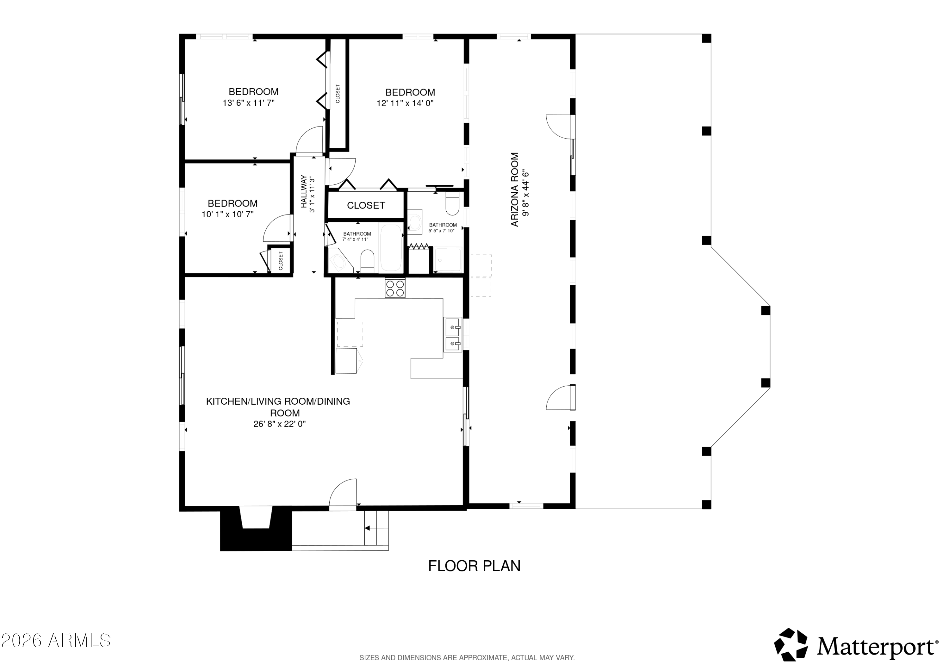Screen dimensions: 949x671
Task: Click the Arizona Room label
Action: (515, 190)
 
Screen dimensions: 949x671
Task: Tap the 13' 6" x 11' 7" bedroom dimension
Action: (249, 103)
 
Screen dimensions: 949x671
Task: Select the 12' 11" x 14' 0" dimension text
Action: (405, 103)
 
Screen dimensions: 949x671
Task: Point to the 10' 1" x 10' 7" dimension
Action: (228, 214)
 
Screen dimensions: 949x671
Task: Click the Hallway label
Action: (304, 192)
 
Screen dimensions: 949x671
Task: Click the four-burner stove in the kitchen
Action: (395, 288)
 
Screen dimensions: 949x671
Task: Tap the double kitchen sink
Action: (453, 334)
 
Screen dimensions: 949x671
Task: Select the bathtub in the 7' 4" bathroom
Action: (391, 247)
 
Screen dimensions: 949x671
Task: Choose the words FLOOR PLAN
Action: (474, 566)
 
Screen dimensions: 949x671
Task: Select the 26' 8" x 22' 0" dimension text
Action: (280, 424)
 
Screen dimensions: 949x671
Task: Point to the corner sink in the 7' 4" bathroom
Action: (340, 260)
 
